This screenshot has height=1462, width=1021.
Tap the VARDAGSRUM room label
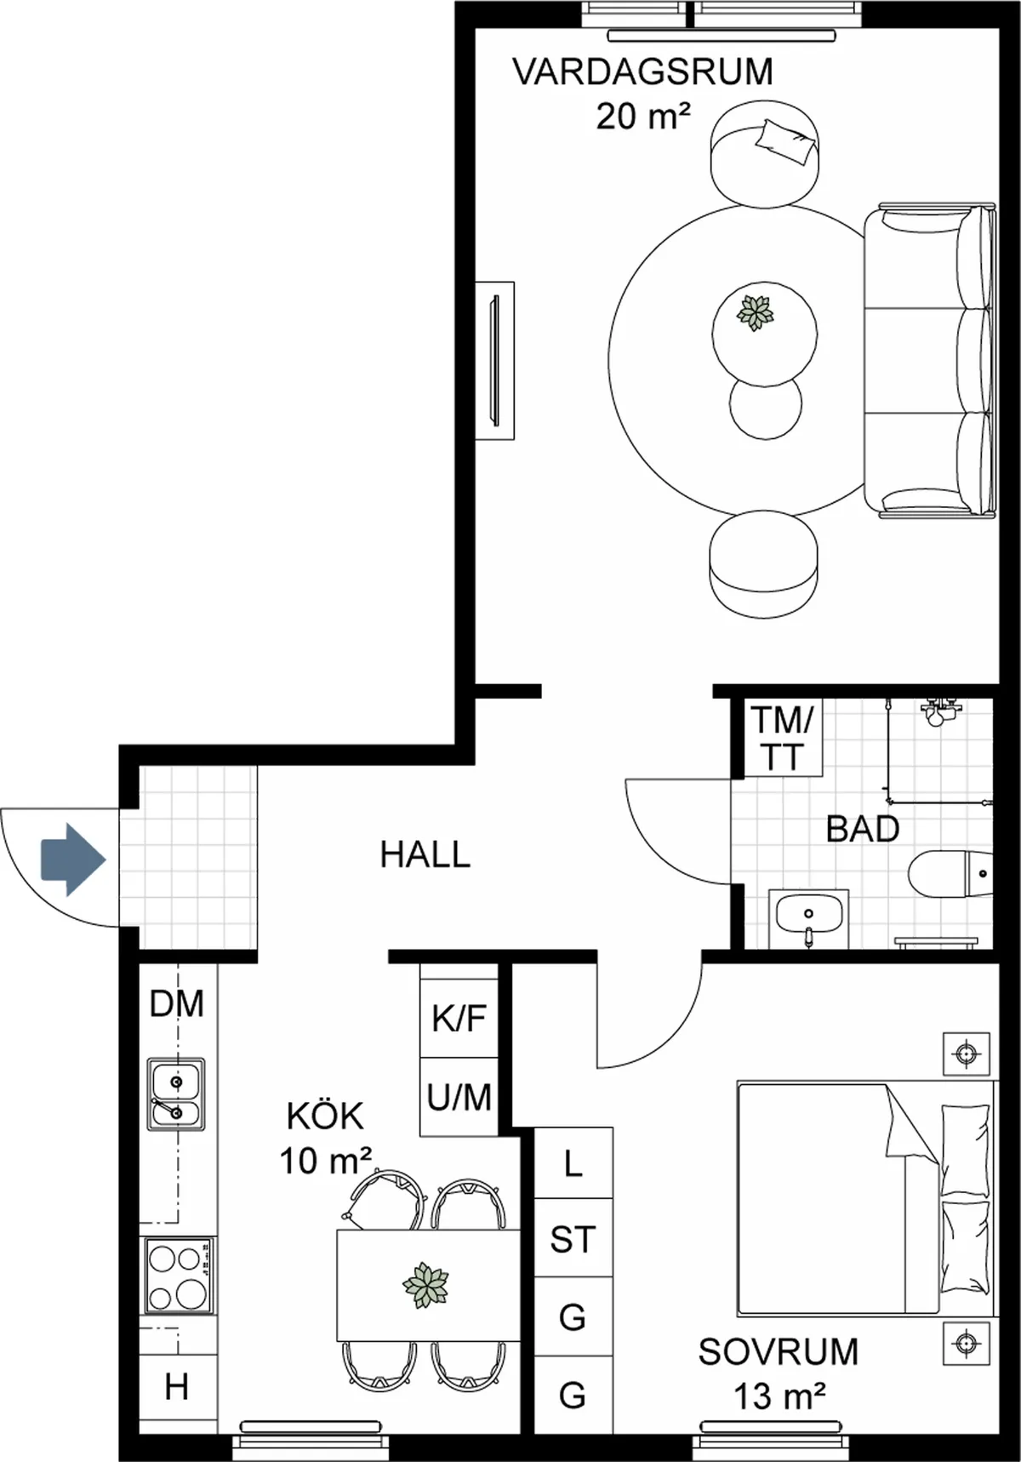pos(643,72)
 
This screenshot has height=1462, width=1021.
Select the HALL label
pos(425,854)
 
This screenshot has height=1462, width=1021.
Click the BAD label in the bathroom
pos(862,828)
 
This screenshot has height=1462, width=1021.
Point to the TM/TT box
pos(782,738)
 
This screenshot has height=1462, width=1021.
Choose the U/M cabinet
pos(459,1098)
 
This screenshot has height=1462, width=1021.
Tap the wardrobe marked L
pos(573,1163)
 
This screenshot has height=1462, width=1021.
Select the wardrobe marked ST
pos(573,1239)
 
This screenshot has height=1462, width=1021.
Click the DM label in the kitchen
pos(177,1004)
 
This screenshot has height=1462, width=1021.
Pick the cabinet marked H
pos(177,1388)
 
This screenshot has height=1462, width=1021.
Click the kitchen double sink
pos(176,1094)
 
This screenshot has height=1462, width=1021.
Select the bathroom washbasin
pos(808,917)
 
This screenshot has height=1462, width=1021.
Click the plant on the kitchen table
pos(425,1285)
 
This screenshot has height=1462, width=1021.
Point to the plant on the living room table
pos(755,312)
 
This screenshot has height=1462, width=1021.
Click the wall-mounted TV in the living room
pos(494,361)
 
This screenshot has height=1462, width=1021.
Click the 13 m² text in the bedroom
pos(779,1396)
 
